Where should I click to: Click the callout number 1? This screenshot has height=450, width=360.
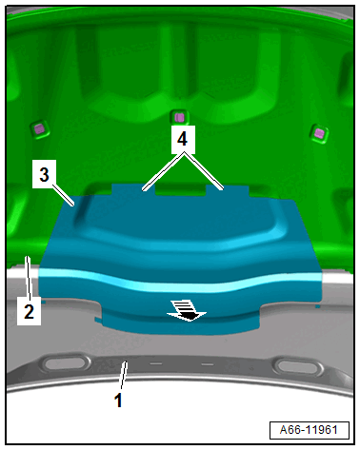tap(118, 401)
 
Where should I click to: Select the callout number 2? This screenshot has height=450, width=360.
tap(29, 311)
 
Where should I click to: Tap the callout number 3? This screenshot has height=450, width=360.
tap(44, 174)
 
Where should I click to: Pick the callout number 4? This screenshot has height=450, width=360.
tap(182, 139)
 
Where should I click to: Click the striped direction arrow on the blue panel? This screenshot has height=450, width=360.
tap(187, 311)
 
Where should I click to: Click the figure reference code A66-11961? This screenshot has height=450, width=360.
tap(309, 430)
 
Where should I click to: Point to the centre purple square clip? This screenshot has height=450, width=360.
tap(179, 118)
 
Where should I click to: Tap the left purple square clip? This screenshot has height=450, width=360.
tap(40, 129)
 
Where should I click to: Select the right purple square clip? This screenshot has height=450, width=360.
tap(319, 133)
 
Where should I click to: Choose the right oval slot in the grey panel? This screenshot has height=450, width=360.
tap(298, 366)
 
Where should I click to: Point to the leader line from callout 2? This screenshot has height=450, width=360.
tap(29, 278)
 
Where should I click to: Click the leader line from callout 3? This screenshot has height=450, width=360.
tap(64, 195)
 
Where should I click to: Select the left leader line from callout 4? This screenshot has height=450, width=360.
tap(164, 172)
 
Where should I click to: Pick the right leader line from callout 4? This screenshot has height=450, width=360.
tap(204, 171)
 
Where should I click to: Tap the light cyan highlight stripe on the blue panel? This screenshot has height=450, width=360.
tap(180, 280)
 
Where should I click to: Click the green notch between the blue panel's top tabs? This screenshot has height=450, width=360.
tap(180, 190)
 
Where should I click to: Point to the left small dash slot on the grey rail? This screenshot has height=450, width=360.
tap(156, 363)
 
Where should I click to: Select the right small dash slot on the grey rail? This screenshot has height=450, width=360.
tap(208, 364)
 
